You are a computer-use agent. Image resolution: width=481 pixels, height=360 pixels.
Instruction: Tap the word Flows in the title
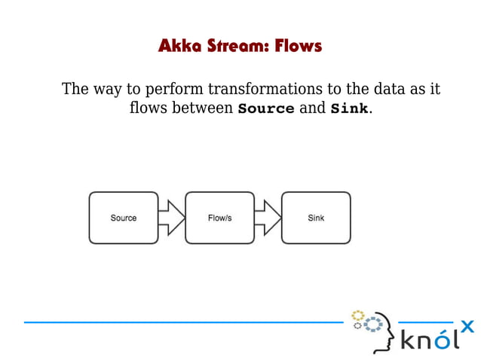(x=298, y=47)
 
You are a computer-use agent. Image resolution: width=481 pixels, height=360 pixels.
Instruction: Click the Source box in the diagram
(x=124, y=218)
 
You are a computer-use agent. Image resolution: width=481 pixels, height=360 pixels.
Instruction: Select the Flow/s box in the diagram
(x=219, y=218)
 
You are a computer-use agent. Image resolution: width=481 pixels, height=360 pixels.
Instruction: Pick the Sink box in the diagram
(x=316, y=218)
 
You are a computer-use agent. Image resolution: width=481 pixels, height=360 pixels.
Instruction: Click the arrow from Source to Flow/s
(x=172, y=218)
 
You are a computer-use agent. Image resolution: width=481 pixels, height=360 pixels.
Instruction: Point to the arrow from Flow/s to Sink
(x=268, y=218)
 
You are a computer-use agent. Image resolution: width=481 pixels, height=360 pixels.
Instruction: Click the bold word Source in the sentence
(x=266, y=108)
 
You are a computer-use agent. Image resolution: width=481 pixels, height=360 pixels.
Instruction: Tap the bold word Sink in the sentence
(x=349, y=108)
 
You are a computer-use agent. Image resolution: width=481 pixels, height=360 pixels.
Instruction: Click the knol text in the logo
(x=428, y=340)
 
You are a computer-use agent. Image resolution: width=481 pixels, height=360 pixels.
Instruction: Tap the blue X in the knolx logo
(x=467, y=326)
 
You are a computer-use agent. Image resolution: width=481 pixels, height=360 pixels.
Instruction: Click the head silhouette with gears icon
(x=372, y=330)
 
